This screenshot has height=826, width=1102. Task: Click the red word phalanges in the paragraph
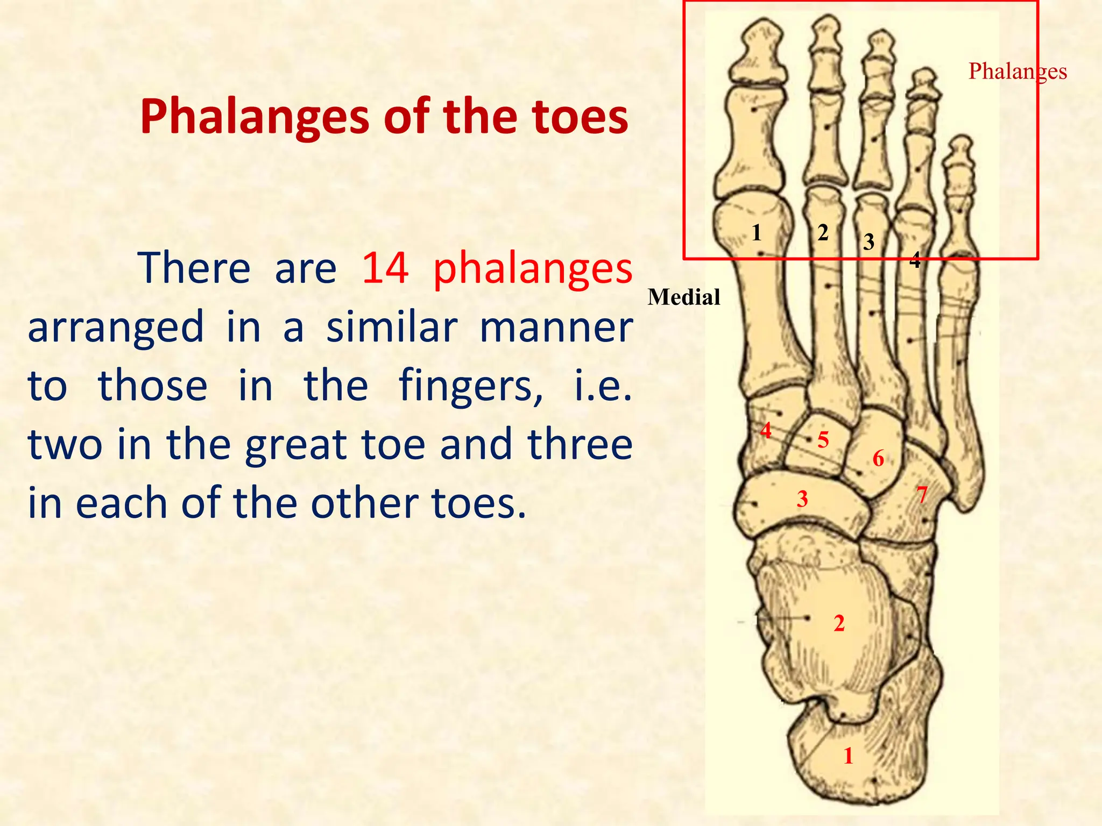[x=533, y=268]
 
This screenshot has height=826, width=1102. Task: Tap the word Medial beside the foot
[x=683, y=297]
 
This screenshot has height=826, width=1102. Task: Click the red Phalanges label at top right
[x=1017, y=72]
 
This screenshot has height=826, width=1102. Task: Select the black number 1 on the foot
[x=757, y=233]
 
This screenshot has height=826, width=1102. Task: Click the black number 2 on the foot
[x=823, y=233]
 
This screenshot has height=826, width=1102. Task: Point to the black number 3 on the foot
[x=868, y=243]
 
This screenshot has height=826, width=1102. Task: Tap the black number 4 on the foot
[x=915, y=260]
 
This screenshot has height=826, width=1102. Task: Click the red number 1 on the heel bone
[x=849, y=756]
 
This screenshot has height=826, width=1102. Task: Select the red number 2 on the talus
[x=839, y=623]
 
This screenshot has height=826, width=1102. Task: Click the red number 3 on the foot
[x=802, y=499]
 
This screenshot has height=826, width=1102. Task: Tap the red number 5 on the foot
[x=823, y=440]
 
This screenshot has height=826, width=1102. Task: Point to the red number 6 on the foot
[x=878, y=459]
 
